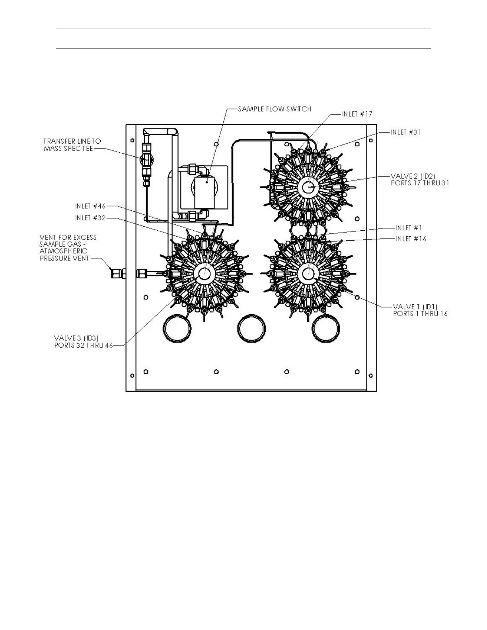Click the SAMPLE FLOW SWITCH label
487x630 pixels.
coord(274,109)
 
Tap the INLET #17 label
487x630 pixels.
coord(357,114)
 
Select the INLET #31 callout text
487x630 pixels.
coord(405,132)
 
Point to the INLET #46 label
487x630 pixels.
coord(90,206)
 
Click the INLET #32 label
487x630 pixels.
coord(90,218)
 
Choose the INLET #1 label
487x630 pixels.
coord(409,228)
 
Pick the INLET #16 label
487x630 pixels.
coord(411,239)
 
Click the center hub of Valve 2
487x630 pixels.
coord(309,186)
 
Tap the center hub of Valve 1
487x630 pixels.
coord(309,273)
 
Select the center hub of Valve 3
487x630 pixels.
coord(205,273)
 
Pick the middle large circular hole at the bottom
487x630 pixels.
coord(251,328)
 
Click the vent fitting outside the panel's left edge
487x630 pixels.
coord(117,273)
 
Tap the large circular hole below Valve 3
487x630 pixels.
coord(177,328)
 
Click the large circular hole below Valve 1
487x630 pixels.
coord(326,328)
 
